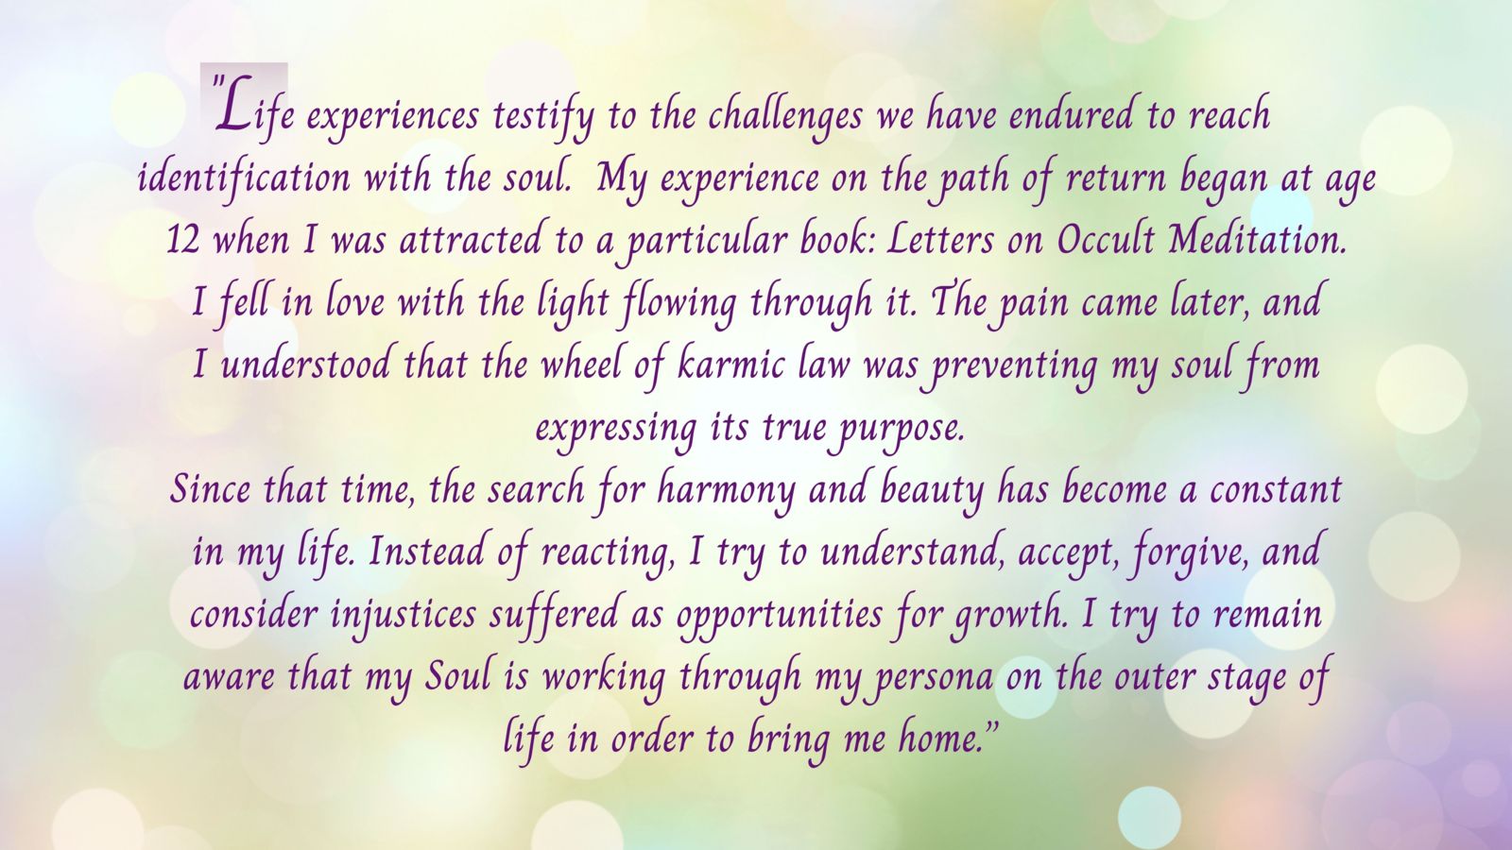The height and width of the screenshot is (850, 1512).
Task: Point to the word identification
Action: pyautogui.click(x=244, y=179)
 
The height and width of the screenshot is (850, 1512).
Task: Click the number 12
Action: pyautogui.click(x=182, y=240)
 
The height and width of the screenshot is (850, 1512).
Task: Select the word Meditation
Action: pyautogui.click(x=1258, y=240)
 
